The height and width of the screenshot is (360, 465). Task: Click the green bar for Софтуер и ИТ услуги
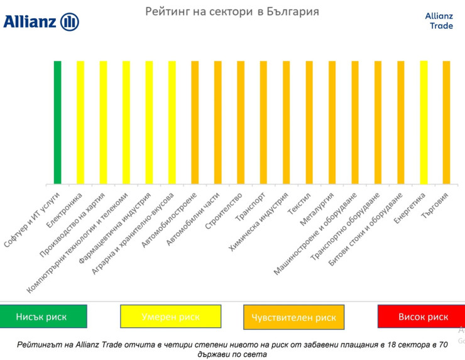click(x=57, y=123)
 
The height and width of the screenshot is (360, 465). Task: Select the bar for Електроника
click(x=80, y=123)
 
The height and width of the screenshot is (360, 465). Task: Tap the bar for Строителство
click(x=241, y=123)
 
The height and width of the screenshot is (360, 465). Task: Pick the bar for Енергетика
click(x=424, y=123)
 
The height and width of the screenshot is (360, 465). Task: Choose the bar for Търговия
click(x=446, y=123)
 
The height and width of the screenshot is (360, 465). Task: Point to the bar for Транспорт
click(x=263, y=123)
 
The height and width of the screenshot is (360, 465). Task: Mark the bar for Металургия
click(x=332, y=123)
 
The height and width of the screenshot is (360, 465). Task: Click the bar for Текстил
click(x=309, y=123)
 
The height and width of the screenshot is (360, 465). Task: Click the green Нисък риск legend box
click(x=43, y=316)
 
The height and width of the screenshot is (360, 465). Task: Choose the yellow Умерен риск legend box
click(x=170, y=316)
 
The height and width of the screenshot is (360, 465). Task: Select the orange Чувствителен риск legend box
click(x=293, y=317)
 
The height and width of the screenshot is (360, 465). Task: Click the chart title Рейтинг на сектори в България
click(x=232, y=11)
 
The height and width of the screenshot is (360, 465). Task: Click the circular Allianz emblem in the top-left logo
click(x=70, y=22)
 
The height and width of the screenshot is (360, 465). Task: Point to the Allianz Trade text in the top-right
click(x=439, y=21)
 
